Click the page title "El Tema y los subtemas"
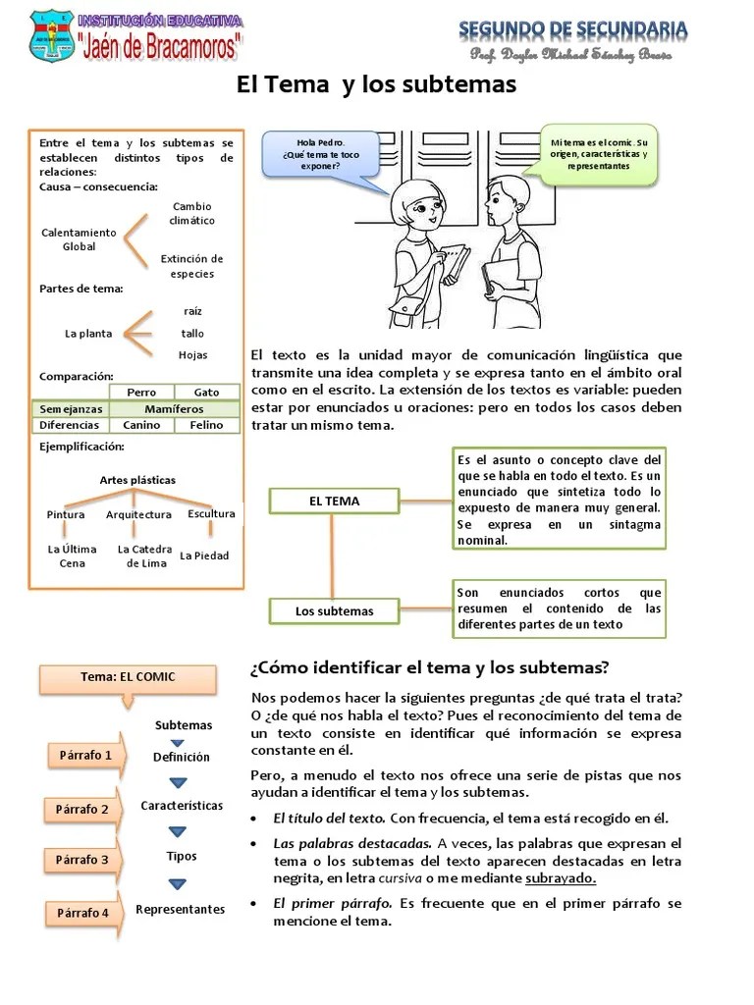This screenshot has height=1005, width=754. (x=376, y=85)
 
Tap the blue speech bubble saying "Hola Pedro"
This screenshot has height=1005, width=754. (x=320, y=153)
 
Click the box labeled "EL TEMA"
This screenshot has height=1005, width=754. (x=334, y=501)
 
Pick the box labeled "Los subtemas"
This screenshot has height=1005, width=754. (x=334, y=610)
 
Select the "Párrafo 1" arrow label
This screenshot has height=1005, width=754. (x=86, y=755)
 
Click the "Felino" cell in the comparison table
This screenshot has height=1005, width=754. (x=206, y=425)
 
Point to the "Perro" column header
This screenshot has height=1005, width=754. (x=141, y=392)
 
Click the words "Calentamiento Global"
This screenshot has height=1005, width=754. (x=79, y=239)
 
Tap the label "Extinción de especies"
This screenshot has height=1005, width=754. (x=191, y=266)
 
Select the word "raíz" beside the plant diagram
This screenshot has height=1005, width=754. (x=192, y=310)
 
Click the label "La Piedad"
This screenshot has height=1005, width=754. (x=204, y=555)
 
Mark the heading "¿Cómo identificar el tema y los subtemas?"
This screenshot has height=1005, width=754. (x=430, y=667)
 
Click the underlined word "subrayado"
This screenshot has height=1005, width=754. (x=560, y=878)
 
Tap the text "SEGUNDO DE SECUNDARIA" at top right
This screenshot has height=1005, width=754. (x=572, y=30)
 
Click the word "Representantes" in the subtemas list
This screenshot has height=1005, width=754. (x=180, y=909)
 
